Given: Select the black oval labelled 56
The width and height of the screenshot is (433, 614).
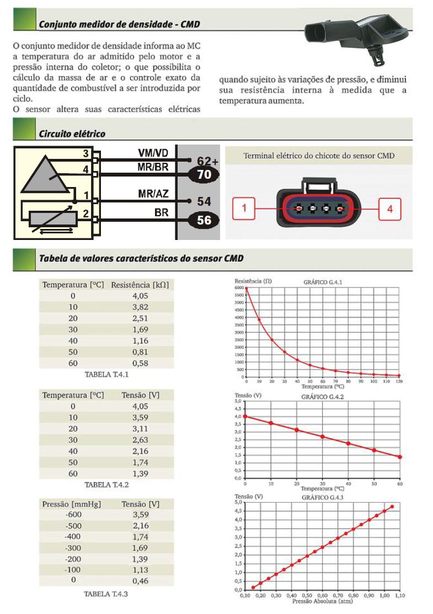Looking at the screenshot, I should [x=204, y=220].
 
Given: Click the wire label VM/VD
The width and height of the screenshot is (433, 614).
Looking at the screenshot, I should [x=154, y=152].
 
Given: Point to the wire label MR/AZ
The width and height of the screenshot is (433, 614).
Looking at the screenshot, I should [x=154, y=194].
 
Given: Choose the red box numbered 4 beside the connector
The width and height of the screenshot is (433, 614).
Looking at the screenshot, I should [x=389, y=210].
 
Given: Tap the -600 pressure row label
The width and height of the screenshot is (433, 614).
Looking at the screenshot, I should [x=72, y=515].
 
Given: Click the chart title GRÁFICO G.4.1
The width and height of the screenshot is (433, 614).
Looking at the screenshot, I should [x=323, y=282].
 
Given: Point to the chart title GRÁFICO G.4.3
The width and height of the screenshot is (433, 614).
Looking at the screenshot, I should [x=323, y=497].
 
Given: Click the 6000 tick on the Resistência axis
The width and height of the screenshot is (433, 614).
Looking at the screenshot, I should [x=238, y=287].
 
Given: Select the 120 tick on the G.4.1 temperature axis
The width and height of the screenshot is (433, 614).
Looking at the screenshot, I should [x=399, y=382].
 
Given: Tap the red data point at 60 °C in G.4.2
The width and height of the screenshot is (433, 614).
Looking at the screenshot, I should [x=400, y=457].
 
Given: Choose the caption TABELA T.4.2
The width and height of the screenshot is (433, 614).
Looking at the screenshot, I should [x=107, y=485].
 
